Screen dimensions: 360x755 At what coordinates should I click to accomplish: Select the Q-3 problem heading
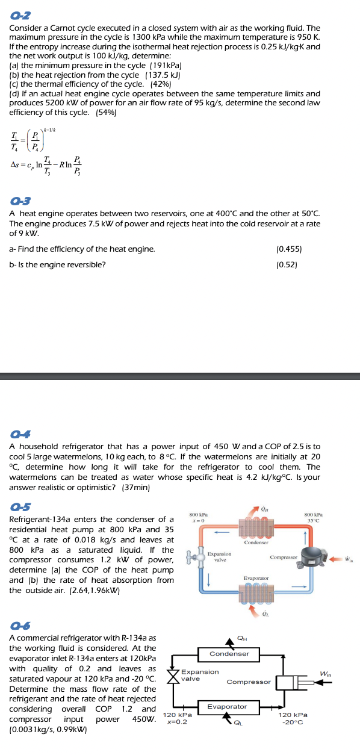point(17,200)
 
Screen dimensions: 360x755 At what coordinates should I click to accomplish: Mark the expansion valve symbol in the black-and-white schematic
point(175,676)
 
